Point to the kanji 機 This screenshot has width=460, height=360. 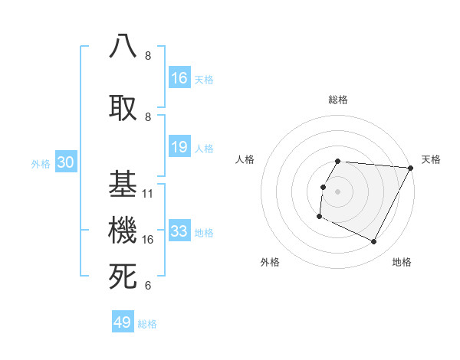pyautogui.click(x=123, y=229)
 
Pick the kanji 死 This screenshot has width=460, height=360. pyautogui.click(x=123, y=277)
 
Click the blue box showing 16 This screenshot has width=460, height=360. pyautogui.click(x=179, y=78)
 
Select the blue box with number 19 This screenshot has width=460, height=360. pyautogui.click(x=179, y=147)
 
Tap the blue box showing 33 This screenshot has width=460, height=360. pyautogui.click(x=179, y=231)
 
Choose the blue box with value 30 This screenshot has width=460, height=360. pyautogui.click(x=66, y=162)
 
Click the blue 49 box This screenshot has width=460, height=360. pyautogui.click(x=123, y=322)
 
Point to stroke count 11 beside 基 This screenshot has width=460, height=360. pyautogui.click(x=148, y=193)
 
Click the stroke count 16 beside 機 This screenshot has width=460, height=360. pyautogui.click(x=148, y=240)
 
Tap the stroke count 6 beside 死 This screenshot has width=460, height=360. pyautogui.click(x=148, y=286)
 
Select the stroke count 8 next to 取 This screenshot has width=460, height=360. pyautogui.click(x=148, y=116)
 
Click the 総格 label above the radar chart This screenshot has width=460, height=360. pyautogui.click(x=337, y=100)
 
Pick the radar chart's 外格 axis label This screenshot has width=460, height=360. pyautogui.click(x=270, y=262)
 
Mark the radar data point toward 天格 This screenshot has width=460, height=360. pyautogui.click(x=412, y=168)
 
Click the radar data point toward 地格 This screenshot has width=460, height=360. pyautogui.click(x=374, y=242)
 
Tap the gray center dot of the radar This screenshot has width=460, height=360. pyautogui.click(x=337, y=191)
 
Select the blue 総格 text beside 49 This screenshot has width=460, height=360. pyautogui.click(x=147, y=324)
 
